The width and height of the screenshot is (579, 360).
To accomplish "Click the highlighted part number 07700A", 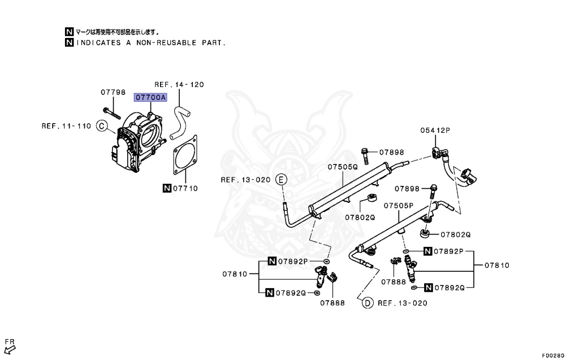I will coord(150,97).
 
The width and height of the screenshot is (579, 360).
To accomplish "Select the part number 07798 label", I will coord(113,92).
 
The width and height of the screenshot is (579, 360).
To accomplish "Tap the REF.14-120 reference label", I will coord(179,85).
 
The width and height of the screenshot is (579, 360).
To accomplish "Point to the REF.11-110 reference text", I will coord(66,126).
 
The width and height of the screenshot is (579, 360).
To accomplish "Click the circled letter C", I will coord(102,126).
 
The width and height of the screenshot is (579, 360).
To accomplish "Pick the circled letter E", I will coord(281,180).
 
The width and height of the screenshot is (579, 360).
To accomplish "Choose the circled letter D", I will coord(367,303).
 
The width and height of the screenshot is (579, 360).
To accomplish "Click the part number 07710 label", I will coord(185,188).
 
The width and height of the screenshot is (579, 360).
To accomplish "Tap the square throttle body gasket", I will coord(184,155).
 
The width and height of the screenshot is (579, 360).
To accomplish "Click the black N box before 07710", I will coord(167,188).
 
